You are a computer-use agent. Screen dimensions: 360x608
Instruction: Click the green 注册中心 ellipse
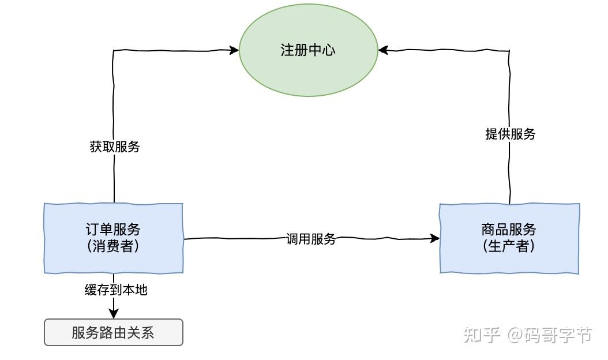308,72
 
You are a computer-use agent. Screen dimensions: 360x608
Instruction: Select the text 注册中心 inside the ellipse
308,50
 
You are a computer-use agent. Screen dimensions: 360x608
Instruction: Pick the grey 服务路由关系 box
114,332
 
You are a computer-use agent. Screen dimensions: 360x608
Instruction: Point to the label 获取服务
115,147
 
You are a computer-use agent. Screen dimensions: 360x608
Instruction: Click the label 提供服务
511,134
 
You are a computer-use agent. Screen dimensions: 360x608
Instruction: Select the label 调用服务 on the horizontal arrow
311,239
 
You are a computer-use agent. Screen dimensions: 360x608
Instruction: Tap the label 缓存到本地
116,290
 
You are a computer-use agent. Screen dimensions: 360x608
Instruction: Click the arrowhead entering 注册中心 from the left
234,50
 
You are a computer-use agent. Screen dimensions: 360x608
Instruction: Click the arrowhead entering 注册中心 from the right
384,50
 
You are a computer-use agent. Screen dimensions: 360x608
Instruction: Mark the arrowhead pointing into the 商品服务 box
434,238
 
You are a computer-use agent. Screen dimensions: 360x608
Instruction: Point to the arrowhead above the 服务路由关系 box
114,313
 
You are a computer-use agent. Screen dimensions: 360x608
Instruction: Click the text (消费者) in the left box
114,246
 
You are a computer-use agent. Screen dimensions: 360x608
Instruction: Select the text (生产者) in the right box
509,246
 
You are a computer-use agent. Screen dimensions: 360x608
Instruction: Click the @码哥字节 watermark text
550,335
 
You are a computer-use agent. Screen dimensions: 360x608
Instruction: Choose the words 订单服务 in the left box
114,230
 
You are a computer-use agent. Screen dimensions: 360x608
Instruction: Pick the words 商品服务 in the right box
509,230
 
